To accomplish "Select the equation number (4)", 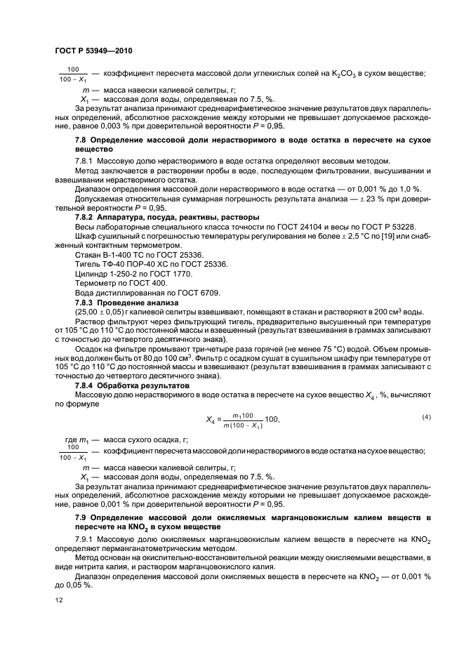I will click(426, 418).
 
